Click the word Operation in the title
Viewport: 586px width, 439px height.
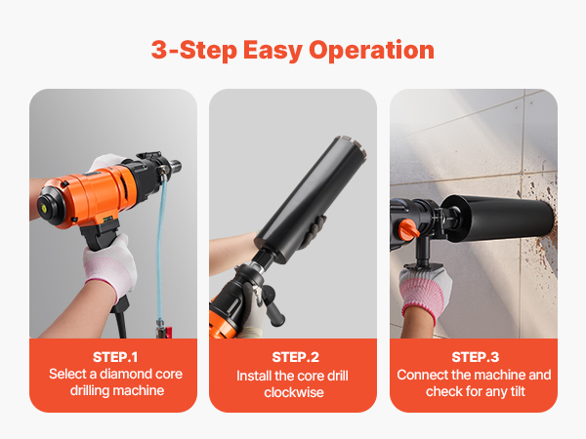[371, 51]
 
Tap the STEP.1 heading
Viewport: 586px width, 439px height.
[115, 357]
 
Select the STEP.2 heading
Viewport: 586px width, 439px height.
[295, 357]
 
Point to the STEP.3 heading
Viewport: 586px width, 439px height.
[475, 357]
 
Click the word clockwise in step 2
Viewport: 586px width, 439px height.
[294, 392]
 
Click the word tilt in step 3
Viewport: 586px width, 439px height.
[518, 391]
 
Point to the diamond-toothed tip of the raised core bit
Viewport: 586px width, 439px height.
[352, 146]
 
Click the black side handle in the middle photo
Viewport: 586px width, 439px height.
[272, 304]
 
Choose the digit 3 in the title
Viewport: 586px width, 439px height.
[159, 50]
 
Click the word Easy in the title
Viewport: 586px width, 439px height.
[272, 51]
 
